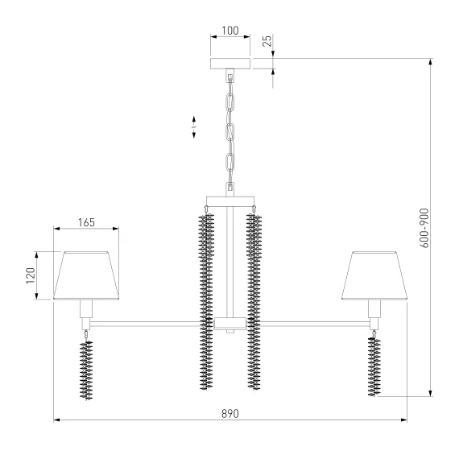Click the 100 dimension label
pyautogui.click(x=230, y=31)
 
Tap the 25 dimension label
pyautogui.click(x=267, y=40)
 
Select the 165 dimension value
pyautogui.click(x=86, y=222)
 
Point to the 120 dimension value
pyautogui.click(x=31, y=275)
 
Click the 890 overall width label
pyautogui.click(x=230, y=414)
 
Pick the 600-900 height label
pyautogui.click(x=424, y=228)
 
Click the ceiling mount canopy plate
pyautogui.click(x=230, y=64)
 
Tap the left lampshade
pyautogui.click(x=86, y=275)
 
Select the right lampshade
pyautogui.click(x=374, y=275)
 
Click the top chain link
pyautogui.click(x=230, y=102)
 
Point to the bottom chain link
pyautogui.click(x=230, y=162)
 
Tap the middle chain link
pyautogui.click(x=230, y=133)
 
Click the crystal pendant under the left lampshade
pyautogui.click(x=86, y=367)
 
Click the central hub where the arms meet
pyautogui.click(x=230, y=324)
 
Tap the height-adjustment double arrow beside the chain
pyautogui.click(x=194, y=127)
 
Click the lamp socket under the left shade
pyautogui.click(x=86, y=308)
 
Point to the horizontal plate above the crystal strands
pyautogui.click(x=230, y=201)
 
